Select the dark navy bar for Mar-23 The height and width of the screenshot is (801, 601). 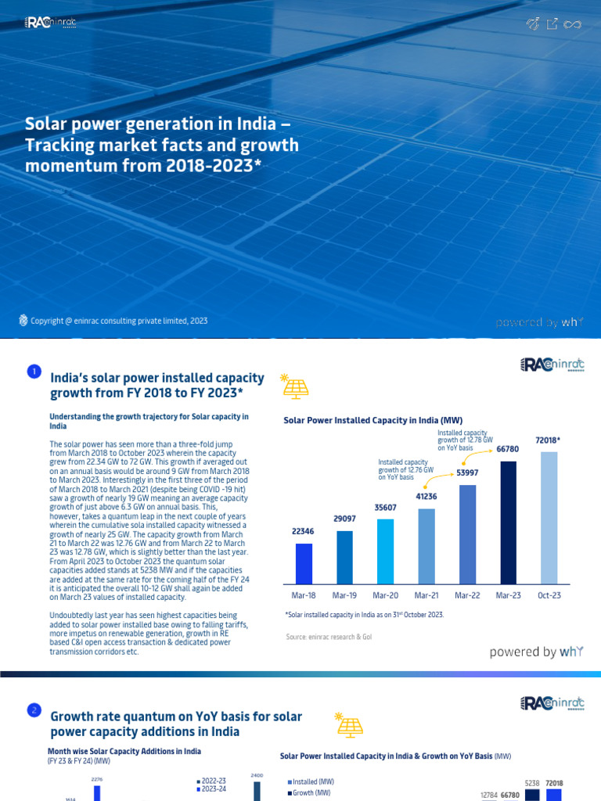[509, 522]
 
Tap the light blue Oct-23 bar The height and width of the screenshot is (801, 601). [549, 517]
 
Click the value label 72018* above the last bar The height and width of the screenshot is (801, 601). [548, 441]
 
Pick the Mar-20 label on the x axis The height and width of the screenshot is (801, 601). [386, 595]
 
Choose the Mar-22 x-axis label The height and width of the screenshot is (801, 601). [467, 595]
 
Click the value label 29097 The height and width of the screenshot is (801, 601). [344, 519]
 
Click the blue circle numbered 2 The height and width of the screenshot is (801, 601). [34, 710]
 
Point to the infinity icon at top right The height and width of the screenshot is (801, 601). [573, 25]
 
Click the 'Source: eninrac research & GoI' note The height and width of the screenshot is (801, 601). [329, 638]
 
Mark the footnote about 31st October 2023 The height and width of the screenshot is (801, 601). [364, 615]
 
